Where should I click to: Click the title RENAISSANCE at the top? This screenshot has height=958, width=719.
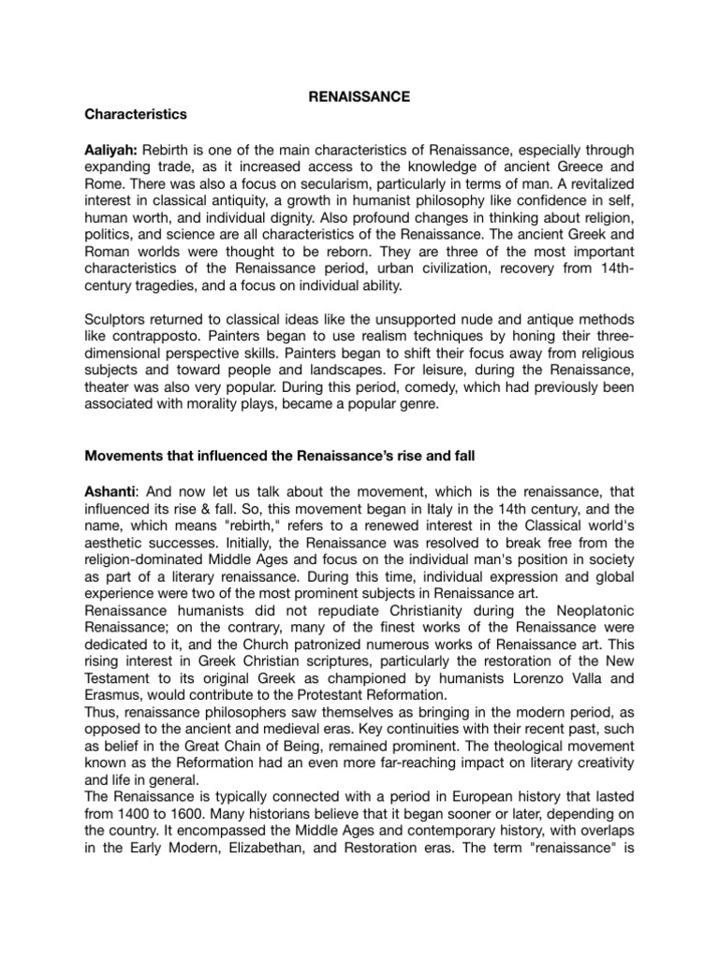pos(359,96)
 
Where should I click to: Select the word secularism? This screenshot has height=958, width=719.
pos(319,185)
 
